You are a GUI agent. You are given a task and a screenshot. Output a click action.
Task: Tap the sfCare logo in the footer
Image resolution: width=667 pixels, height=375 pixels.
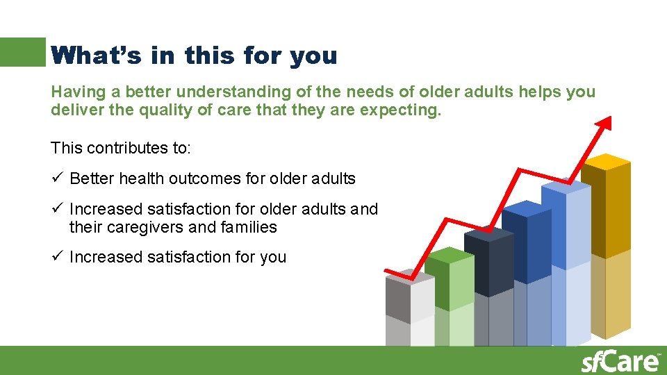tap(620, 361)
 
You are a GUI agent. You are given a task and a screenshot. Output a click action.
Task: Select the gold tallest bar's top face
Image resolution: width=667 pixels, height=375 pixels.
tap(606, 162)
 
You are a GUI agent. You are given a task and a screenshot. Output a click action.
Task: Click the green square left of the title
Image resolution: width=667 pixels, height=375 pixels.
tap(22, 52)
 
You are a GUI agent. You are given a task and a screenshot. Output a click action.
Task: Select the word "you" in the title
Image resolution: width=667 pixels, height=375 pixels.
tap(314, 56)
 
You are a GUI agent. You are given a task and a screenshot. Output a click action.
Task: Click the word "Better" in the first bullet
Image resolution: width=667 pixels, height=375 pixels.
tap(92, 178)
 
